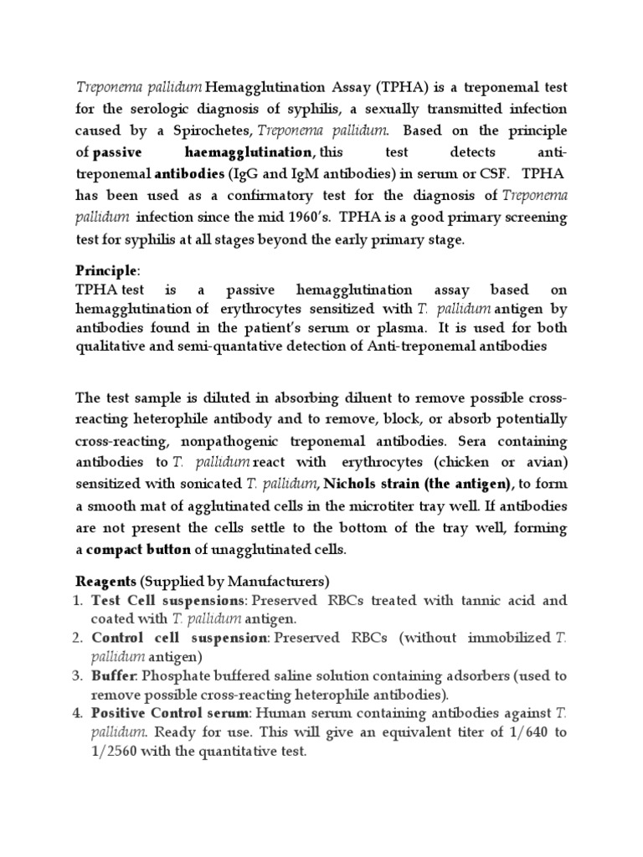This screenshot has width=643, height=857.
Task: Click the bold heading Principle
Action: point(105,271)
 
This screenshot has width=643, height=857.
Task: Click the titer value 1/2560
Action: point(116,752)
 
